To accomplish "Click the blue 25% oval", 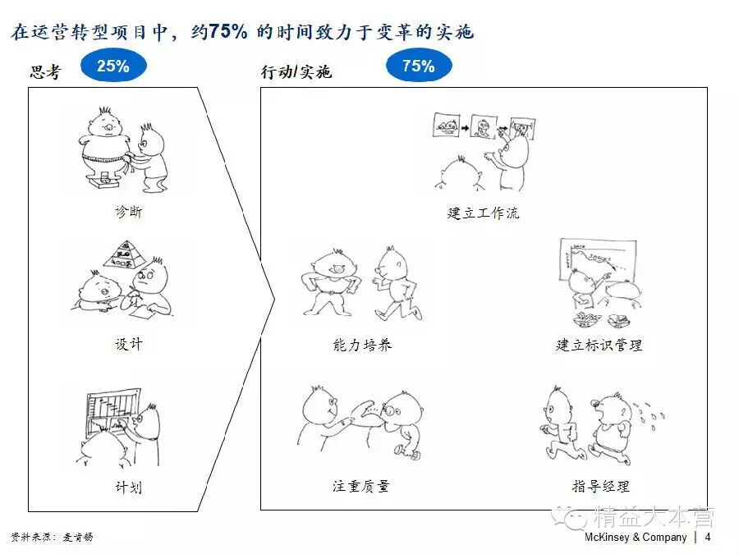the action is tap(113, 66).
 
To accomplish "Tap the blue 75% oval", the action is tap(418, 66).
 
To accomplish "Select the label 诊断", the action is tap(128, 212).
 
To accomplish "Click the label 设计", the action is tap(128, 343).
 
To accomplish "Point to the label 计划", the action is tap(128, 487).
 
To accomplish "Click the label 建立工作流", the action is tap(483, 213).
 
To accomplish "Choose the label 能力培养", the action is tap(362, 345).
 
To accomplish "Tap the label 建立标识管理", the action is tap(599, 345).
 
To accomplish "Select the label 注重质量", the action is tap(361, 486).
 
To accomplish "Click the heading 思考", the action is tap(45, 72).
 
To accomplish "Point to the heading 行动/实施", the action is tap(296, 72).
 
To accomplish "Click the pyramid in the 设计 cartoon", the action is tap(126, 255).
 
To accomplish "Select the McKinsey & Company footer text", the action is tap(636, 537).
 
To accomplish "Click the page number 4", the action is tap(708, 537).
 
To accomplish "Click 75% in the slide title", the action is tap(229, 32).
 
